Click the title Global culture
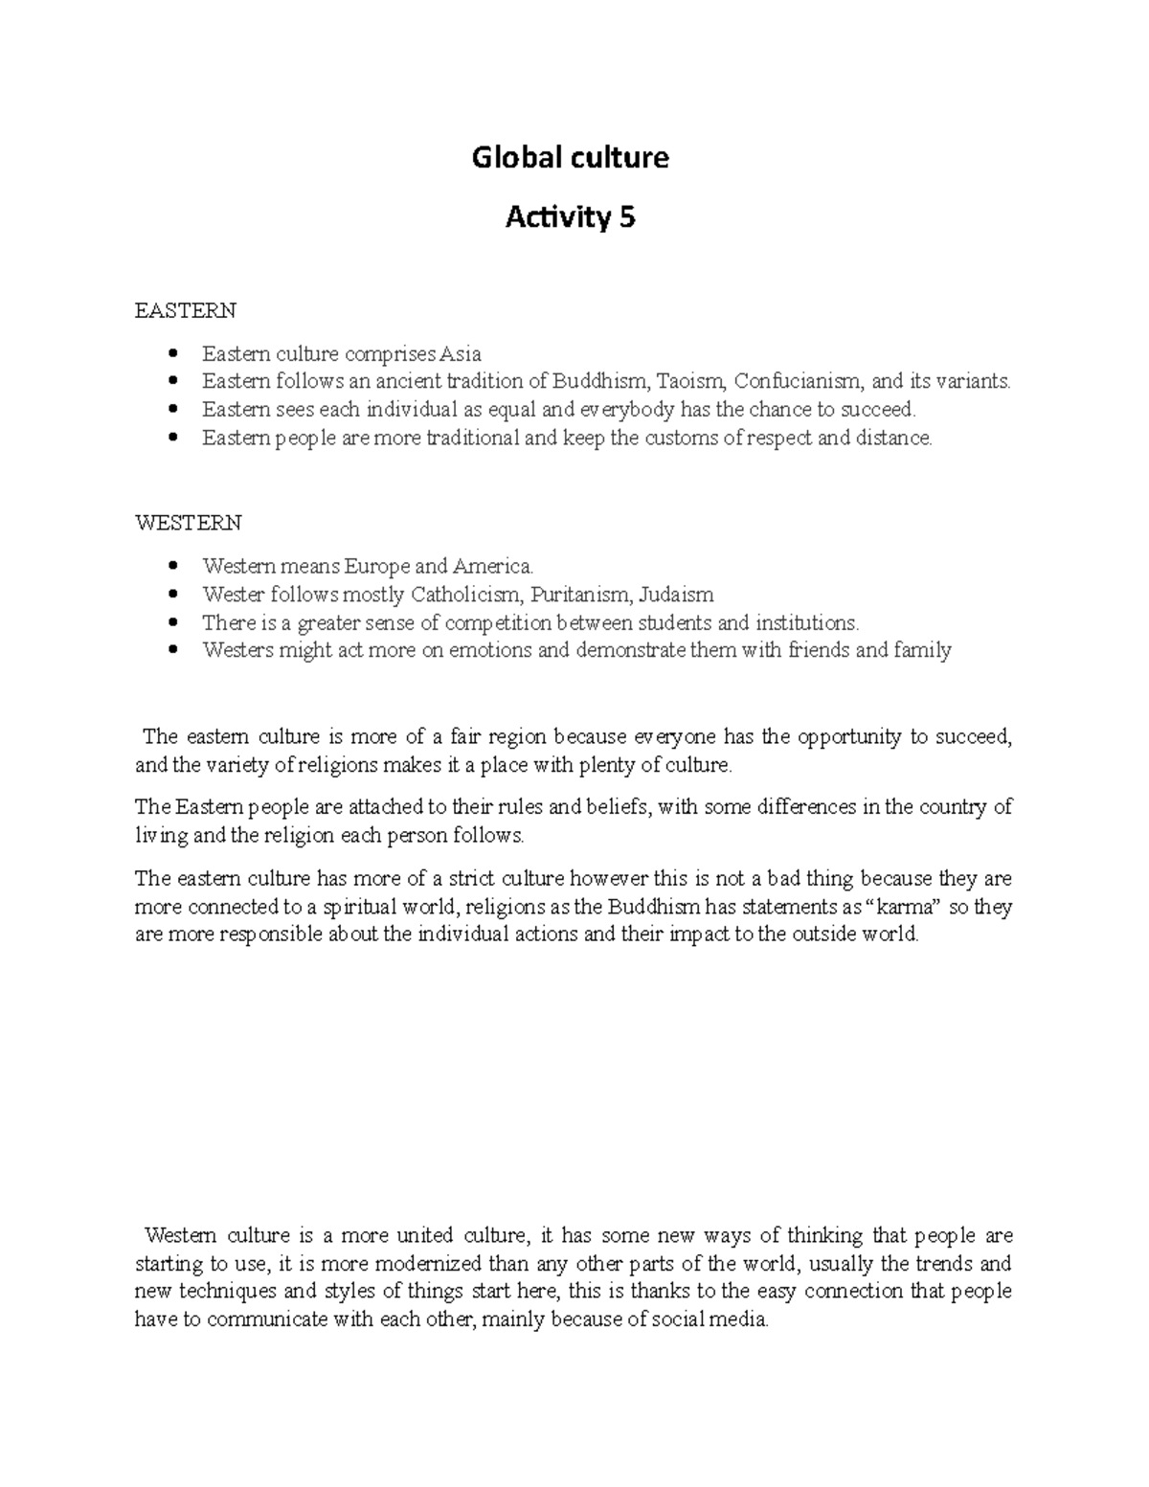pyautogui.click(x=571, y=157)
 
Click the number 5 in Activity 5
pyautogui.click(x=626, y=218)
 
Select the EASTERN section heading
pyautogui.click(x=185, y=311)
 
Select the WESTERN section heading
pyautogui.click(x=189, y=523)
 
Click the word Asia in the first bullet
pyautogui.click(x=460, y=354)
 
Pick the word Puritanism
pyautogui.click(x=579, y=595)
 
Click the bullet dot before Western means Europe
pyautogui.click(x=172, y=566)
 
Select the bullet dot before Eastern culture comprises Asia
pyautogui.click(x=172, y=354)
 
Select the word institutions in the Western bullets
pyautogui.click(x=807, y=623)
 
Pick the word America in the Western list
pyautogui.click(x=492, y=566)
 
